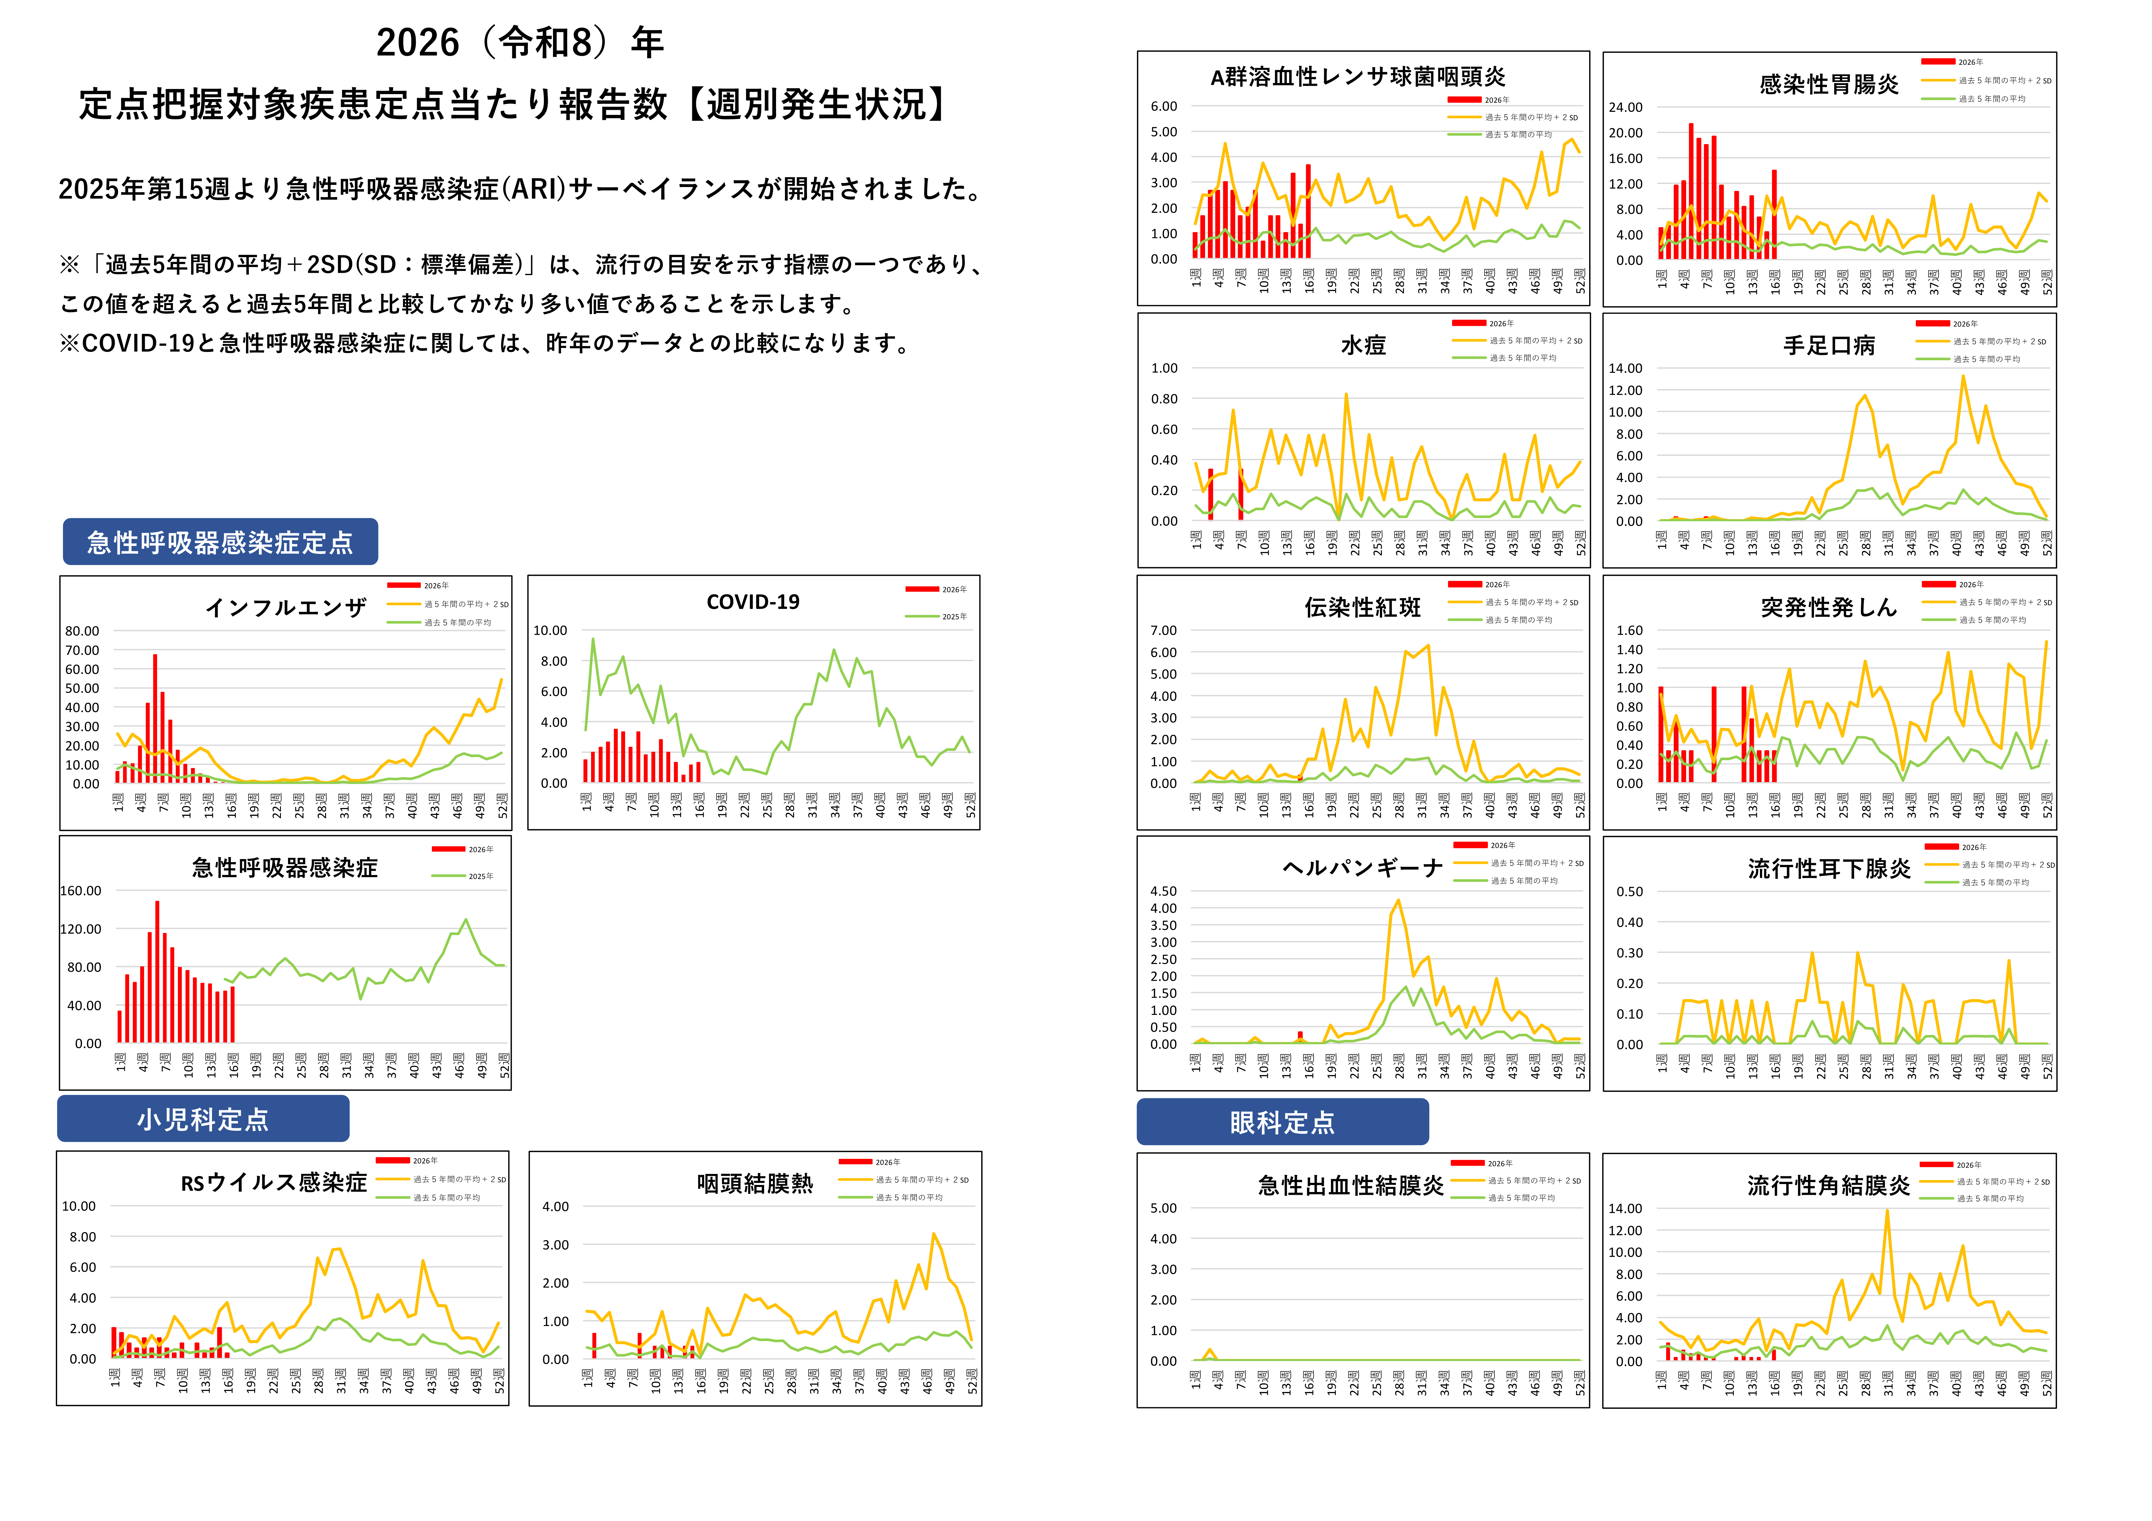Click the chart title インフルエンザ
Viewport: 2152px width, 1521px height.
286,608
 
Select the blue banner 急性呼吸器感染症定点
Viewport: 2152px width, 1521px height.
220,543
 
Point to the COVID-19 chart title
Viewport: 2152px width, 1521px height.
753,602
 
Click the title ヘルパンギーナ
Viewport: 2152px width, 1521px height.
1362,869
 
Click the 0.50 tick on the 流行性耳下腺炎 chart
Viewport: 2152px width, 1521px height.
1630,892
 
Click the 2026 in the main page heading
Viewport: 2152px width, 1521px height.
418,43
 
